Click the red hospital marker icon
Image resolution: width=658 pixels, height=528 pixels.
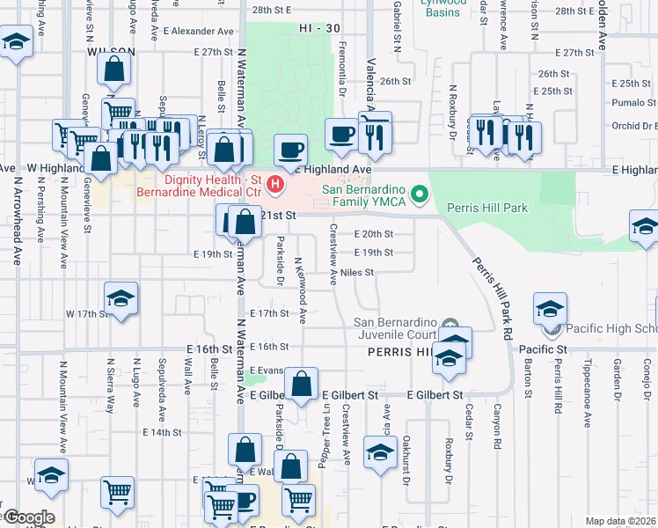point(275,184)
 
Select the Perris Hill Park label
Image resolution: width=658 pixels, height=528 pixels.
point(486,209)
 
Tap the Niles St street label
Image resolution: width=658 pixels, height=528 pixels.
point(358,273)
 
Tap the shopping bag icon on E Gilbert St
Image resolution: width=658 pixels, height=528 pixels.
point(301,385)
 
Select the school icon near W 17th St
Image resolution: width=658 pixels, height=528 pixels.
point(121,298)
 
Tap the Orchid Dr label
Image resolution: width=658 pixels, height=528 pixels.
point(632,125)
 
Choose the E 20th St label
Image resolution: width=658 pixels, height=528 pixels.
point(373,234)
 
